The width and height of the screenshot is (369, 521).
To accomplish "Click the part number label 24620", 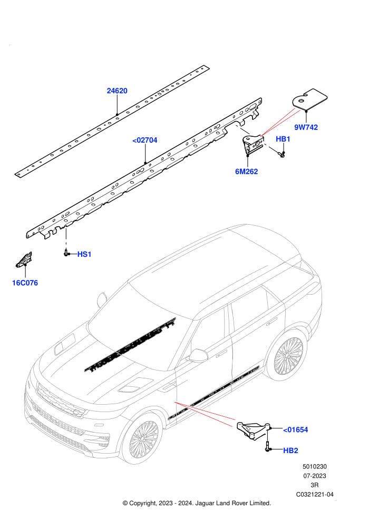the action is [117, 91].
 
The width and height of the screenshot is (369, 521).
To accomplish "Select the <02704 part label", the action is [145, 140].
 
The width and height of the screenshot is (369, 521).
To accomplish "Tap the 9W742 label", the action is [306, 127].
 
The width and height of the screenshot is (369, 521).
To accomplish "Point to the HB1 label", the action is [283, 139].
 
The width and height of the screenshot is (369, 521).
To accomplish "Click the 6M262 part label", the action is [247, 172].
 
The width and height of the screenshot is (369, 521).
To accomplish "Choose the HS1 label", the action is [84, 254].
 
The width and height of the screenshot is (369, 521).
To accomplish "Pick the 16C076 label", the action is [25, 283].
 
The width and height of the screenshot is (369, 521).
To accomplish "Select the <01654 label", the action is [296, 429].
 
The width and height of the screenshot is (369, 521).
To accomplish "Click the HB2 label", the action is [290, 450].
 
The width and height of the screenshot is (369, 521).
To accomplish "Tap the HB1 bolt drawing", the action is [280, 154].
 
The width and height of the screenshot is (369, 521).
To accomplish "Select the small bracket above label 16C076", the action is [24, 259].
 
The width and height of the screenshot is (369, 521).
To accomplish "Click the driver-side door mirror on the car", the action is [198, 356].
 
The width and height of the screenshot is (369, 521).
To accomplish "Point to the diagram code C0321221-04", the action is [315, 494].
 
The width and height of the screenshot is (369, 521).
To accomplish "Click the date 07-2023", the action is [314, 476].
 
